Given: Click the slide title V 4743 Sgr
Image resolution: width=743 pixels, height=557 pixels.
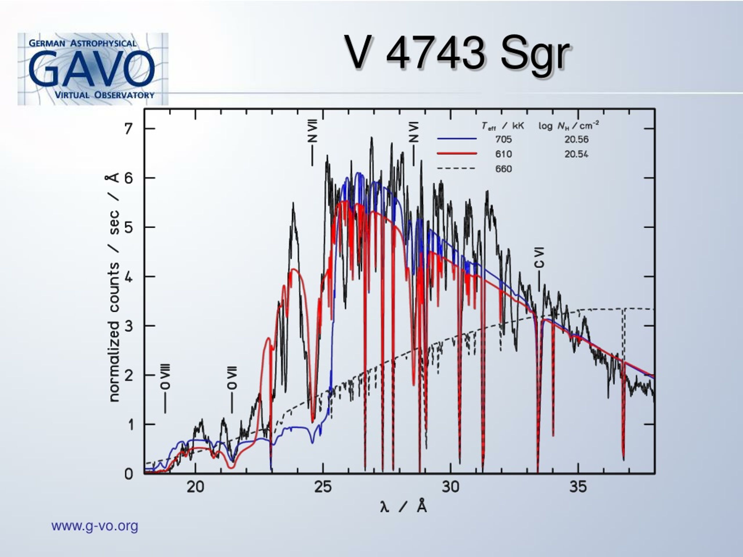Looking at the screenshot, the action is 457,54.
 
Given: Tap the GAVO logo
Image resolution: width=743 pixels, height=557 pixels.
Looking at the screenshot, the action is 93,69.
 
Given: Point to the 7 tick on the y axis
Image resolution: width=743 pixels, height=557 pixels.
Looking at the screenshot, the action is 128,128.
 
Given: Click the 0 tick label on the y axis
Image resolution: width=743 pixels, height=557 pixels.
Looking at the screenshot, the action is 129,474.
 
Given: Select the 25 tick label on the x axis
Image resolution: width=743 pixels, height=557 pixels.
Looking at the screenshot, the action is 323,487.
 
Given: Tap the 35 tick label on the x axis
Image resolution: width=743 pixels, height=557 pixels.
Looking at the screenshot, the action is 578,487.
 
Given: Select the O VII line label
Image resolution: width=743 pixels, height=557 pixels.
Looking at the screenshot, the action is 232,378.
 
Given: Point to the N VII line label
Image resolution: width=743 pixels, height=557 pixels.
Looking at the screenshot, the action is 312,131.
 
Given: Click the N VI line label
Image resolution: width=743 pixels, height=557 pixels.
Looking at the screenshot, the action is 414,132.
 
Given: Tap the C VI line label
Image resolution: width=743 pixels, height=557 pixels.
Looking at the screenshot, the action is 539,258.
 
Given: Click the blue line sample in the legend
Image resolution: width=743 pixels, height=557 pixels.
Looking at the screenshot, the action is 457,139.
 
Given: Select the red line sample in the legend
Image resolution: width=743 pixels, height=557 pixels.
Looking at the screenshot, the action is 457,153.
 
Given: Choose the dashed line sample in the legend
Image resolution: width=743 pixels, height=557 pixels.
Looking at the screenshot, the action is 456,168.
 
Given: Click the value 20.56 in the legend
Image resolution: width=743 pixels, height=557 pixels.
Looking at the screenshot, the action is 576,139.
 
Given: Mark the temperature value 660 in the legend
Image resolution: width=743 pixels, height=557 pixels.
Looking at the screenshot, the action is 504,169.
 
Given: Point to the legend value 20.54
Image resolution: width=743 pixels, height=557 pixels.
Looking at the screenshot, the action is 576,154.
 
